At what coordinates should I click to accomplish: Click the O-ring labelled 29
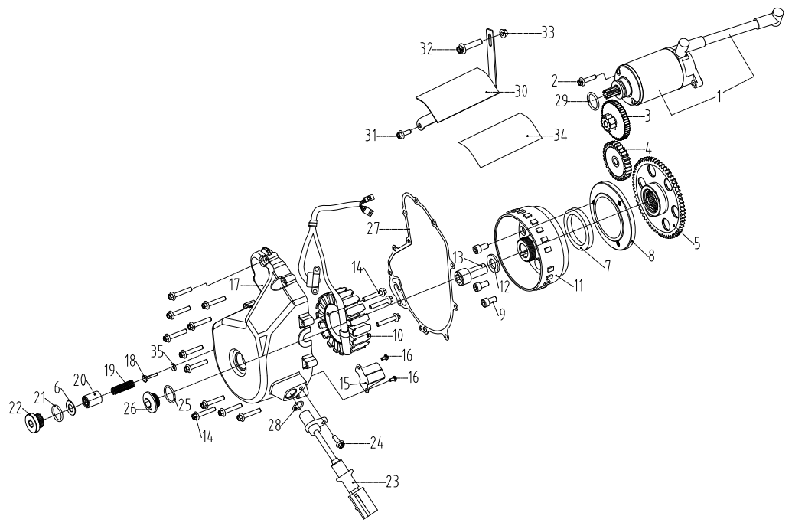(592, 98)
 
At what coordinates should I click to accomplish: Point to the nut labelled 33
(505, 33)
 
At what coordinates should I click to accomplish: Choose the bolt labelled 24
(340, 443)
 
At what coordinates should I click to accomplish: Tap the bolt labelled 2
(582, 80)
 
